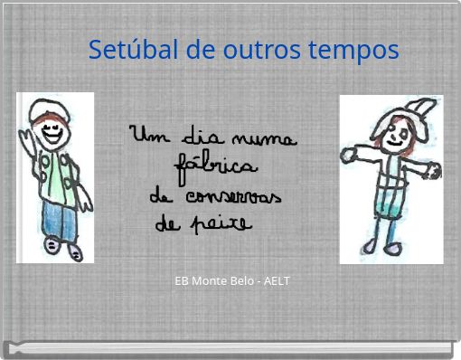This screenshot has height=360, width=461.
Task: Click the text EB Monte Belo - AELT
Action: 232,281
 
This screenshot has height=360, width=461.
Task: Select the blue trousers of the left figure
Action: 60,217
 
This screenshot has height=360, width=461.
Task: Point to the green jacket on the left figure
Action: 58,176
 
